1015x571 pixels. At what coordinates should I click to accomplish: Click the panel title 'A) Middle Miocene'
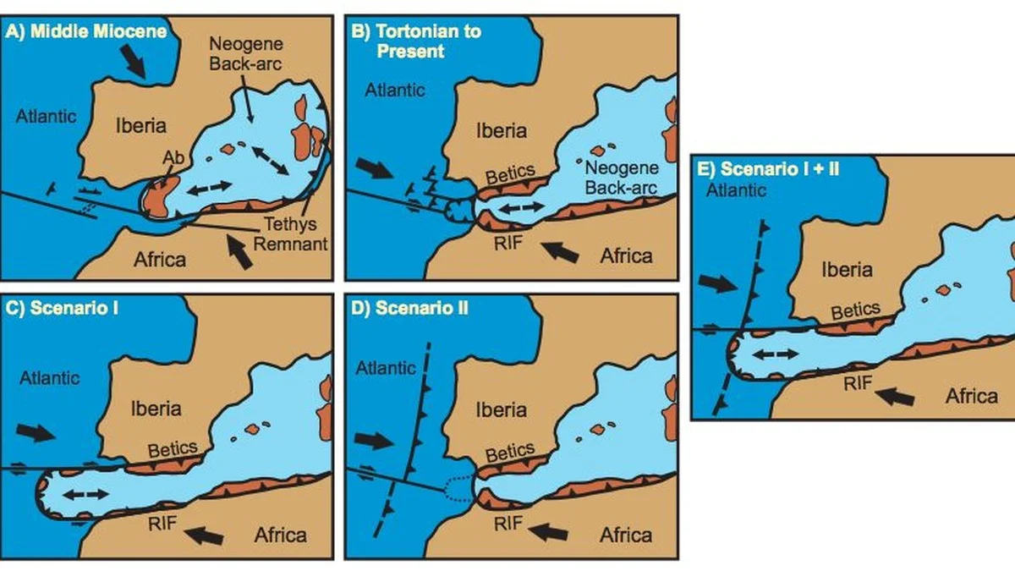[87, 32]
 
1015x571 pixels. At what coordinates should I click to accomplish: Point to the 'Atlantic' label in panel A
[47, 117]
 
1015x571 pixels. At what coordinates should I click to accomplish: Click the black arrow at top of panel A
[134, 60]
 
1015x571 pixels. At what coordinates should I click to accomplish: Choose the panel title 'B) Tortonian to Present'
[415, 40]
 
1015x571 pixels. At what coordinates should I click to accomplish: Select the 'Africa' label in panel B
[626, 255]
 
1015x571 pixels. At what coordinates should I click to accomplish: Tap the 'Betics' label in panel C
[173, 448]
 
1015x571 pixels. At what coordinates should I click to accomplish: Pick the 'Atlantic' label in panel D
[386, 367]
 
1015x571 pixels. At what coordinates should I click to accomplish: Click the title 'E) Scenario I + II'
[768, 168]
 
